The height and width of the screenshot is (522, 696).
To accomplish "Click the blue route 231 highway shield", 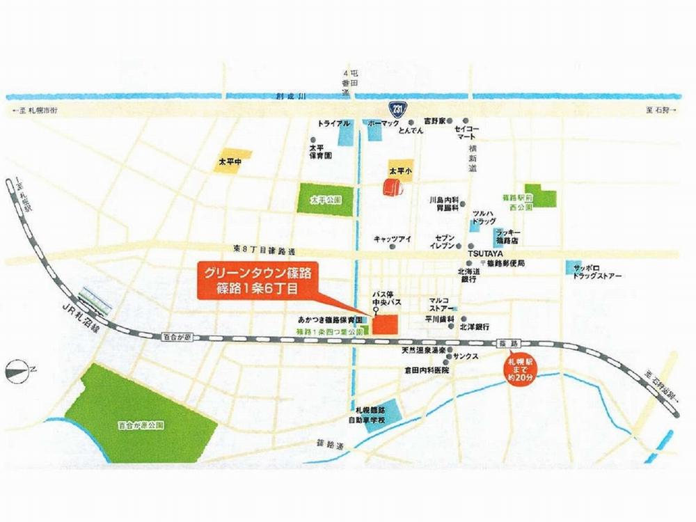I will (396, 110).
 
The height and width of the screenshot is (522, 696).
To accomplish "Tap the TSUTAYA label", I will (484, 254).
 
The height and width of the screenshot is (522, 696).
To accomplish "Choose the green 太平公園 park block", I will (326, 199).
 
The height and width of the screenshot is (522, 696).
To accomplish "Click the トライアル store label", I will (333, 123).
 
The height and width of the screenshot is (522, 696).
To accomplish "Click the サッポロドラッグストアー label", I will (594, 272).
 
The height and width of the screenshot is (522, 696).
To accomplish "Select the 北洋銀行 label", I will (475, 326).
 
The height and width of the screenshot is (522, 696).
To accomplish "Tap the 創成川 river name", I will (287, 99).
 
